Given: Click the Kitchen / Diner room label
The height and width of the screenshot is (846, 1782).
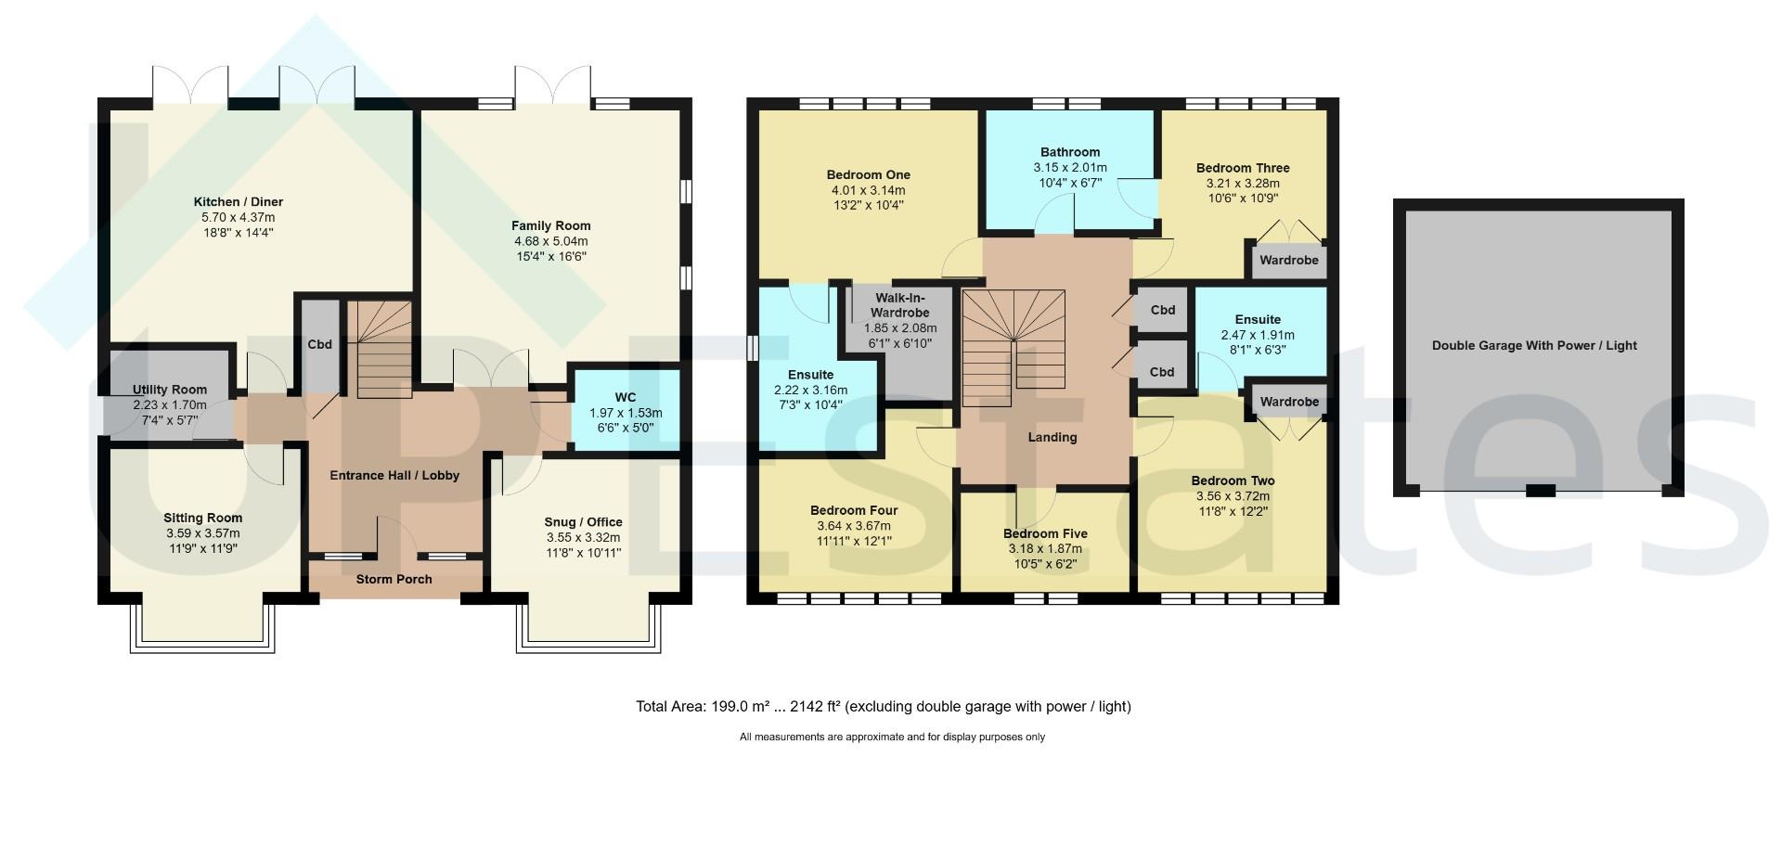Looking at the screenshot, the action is (x=239, y=202).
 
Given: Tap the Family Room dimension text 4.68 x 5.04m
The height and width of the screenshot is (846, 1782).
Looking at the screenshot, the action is (x=551, y=241).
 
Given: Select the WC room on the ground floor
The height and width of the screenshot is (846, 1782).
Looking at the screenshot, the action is (x=626, y=409).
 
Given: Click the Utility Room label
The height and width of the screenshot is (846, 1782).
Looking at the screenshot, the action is (x=170, y=390).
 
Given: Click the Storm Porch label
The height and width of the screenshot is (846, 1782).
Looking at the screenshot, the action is (x=394, y=580).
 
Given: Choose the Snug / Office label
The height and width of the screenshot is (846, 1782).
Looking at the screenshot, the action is (x=584, y=522).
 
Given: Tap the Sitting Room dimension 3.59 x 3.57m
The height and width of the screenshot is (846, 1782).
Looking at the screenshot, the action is (x=203, y=533).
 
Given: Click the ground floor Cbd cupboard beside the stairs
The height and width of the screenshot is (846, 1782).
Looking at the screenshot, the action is (x=319, y=344).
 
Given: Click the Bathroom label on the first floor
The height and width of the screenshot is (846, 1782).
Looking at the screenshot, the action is (x=1070, y=152).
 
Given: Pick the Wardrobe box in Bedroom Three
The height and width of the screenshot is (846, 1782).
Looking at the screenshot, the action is (x=1289, y=260).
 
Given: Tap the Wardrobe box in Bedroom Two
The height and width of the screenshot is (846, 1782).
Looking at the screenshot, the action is (x=1289, y=402).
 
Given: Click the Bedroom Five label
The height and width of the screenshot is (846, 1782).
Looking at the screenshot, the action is (x=1045, y=534).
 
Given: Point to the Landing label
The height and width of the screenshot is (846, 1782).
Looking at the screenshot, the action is (x=1052, y=437).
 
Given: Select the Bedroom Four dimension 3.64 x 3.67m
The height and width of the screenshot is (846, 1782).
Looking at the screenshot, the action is (x=854, y=526).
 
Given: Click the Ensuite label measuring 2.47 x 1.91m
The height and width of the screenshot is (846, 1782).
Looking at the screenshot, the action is (x=1258, y=319).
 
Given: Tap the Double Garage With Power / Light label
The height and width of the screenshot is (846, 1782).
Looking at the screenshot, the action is (x=1534, y=346).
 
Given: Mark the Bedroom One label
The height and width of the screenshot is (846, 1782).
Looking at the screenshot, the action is (x=869, y=175).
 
